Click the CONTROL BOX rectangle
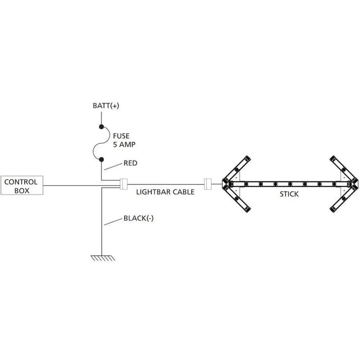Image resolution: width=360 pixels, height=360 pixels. [x=22, y=185]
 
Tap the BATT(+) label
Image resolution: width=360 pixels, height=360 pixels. [x=106, y=106]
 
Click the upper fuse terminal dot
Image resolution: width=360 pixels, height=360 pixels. [x=101, y=126]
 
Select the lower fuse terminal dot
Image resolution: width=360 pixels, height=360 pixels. [x=101, y=159]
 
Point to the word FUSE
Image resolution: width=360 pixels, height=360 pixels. [x=121, y=136]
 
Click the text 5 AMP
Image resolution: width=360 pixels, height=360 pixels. [x=124, y=144]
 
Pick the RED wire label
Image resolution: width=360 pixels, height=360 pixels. [x=130, y=163]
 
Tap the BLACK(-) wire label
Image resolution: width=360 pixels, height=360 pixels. [x=139, y=218]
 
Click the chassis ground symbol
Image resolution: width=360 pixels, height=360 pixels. [x=103, y=258]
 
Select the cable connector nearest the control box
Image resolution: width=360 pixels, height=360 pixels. [x=123, y=184]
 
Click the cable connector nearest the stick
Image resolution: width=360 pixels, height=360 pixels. [x=208, y=184]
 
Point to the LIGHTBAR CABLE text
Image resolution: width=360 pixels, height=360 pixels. [x=165, y=192]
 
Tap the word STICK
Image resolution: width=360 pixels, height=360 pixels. [x=289, y=194]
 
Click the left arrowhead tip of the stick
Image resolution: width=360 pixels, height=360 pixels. [x=222, y=184]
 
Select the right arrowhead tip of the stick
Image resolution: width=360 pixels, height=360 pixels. [x=358, y=184]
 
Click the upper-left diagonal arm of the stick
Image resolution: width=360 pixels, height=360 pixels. [x=237, y=169]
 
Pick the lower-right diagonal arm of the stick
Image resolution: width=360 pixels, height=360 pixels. [x=344, y=199]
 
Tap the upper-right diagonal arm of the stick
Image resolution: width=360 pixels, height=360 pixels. [x=344, y=169]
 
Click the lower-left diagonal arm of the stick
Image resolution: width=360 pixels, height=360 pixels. [x=237, y=199]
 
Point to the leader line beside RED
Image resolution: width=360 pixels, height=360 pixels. [x=113, y=166]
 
